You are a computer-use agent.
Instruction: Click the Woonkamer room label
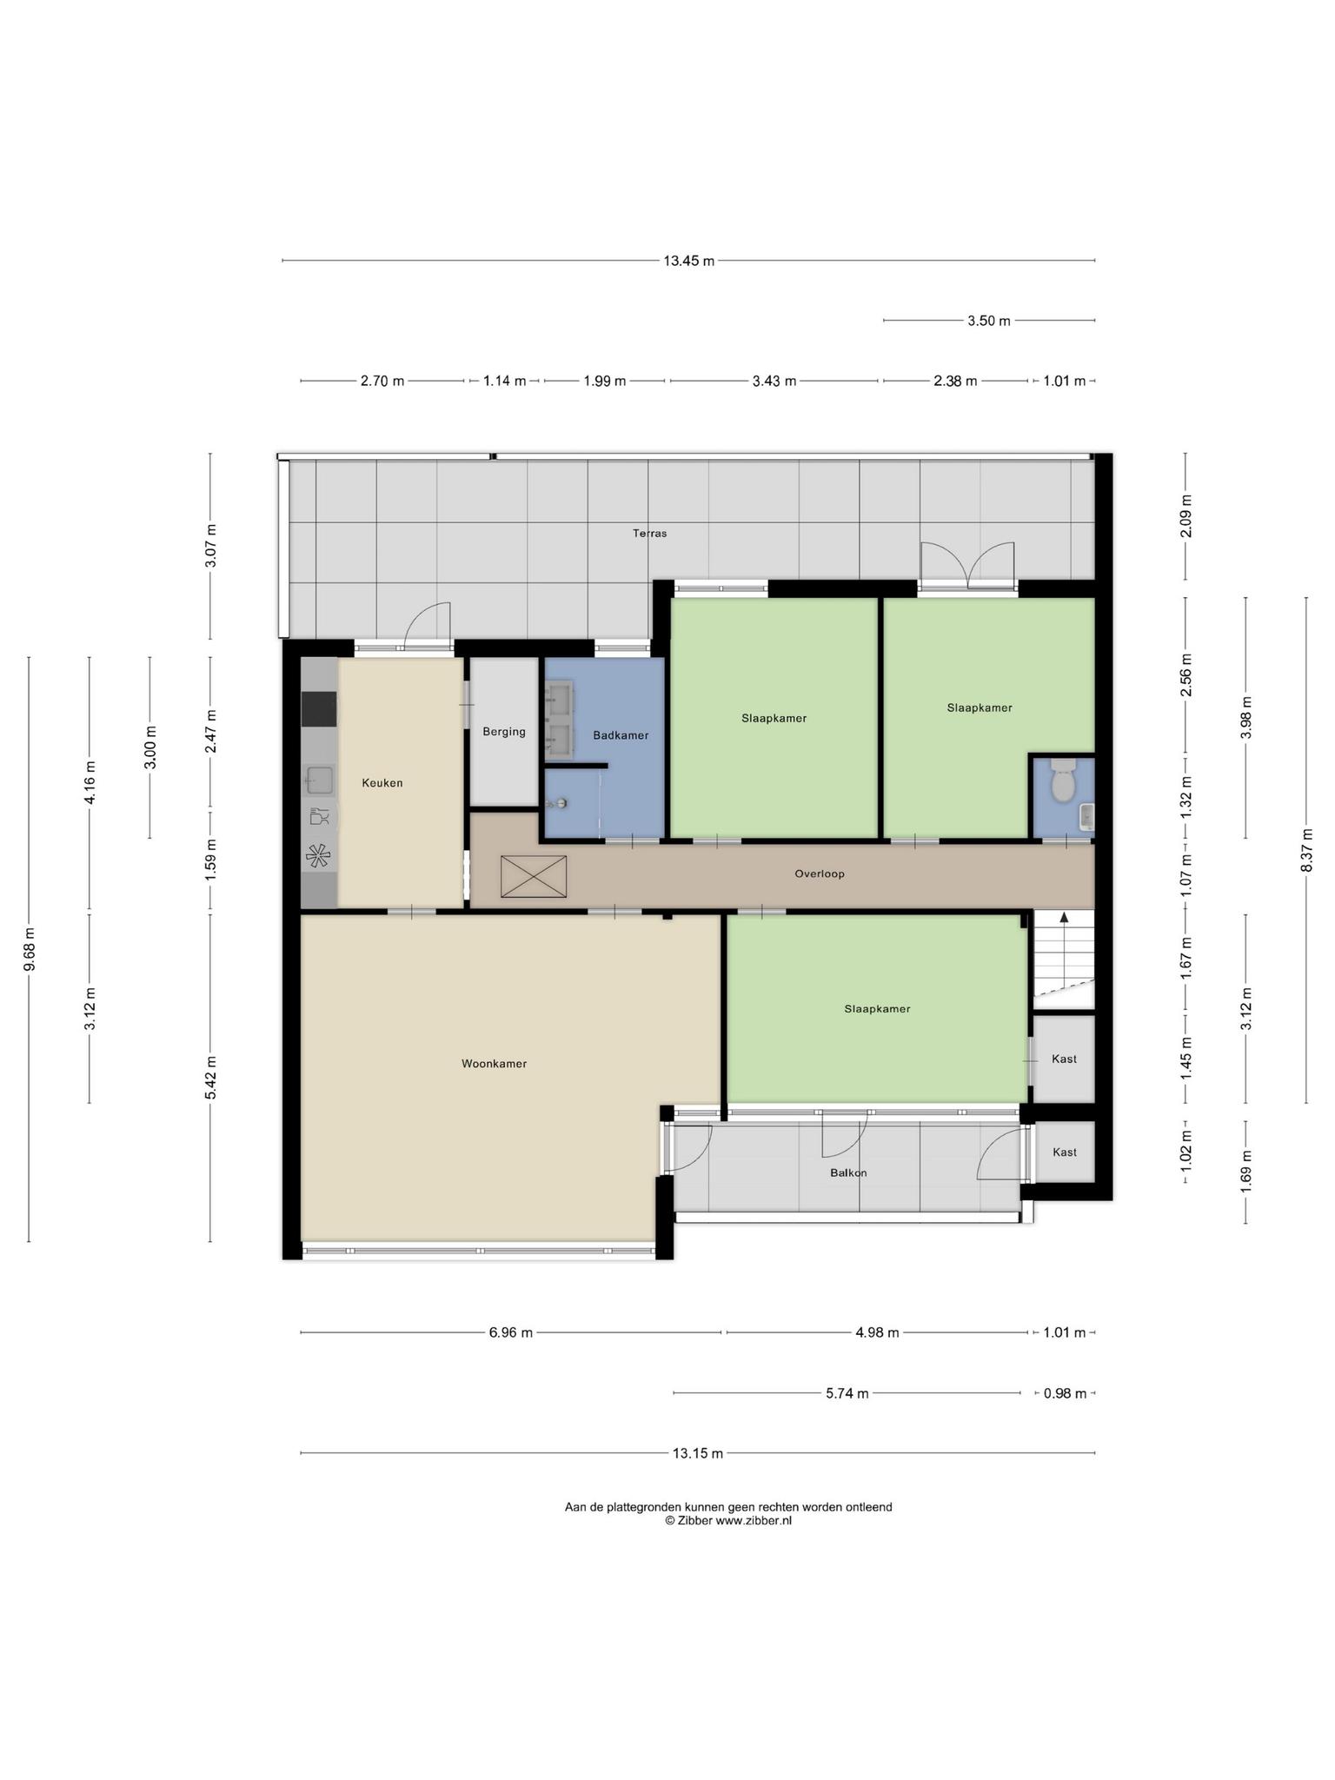coord(494,1063)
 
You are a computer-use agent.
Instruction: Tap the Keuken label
coord(382,782)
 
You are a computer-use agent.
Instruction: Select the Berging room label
coord(504,732)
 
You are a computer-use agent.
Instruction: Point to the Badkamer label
coord(621,735)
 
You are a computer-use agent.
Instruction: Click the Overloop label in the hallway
coord(820,873)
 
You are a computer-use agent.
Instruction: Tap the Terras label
coord(650,533)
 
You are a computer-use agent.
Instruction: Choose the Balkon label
coord(848,1172)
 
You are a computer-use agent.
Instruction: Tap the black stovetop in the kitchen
coord(319,708)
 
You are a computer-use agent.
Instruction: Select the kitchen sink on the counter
coord(319,780)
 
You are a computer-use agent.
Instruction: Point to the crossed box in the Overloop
coord(534,876)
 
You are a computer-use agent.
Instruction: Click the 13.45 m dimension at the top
coord(689,260)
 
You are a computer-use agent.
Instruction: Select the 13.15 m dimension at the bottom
coord(698,1452)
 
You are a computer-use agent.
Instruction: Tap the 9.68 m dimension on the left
coord(29,949)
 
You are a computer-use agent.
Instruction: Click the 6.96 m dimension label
coord(511,1332)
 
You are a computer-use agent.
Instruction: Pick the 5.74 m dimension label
coord(847,1393)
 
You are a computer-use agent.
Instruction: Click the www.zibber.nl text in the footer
coord(754,1520)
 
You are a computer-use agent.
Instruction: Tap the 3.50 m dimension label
coord(989,321)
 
